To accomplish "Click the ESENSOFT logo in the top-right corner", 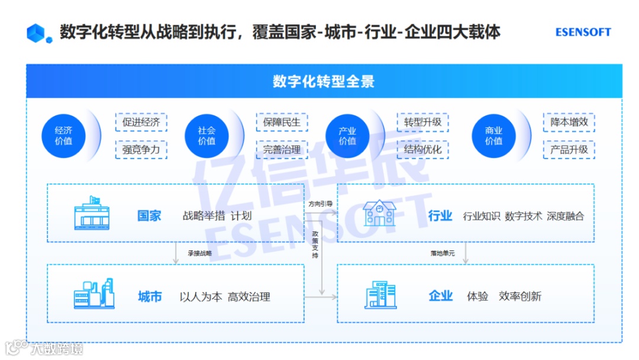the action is [583, 32].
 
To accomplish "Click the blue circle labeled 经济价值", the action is [64, 136].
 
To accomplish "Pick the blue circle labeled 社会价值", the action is [206, 136].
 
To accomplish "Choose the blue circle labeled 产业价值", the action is [347, 136].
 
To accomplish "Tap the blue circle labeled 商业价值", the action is [493, 136].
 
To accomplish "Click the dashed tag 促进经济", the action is [141, 123].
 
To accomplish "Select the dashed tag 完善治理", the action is [282, 150].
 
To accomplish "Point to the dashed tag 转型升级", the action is [422, 123].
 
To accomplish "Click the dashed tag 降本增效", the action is [569, 123].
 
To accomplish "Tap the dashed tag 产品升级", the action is [569, 150].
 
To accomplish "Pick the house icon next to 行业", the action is [379, 213].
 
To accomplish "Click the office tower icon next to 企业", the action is [379, 294].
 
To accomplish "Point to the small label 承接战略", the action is [199, 253].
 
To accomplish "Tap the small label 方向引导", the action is [320, 204].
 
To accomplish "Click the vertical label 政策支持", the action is [315, 245].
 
